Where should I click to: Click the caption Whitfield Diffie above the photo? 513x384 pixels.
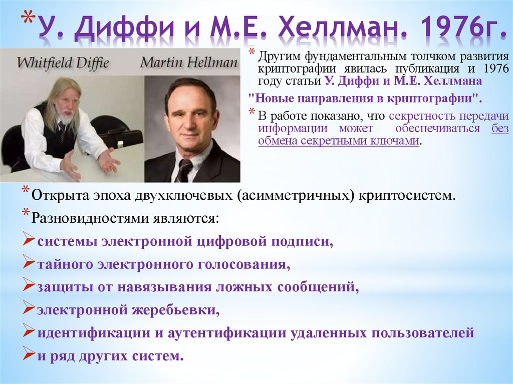(x=63, y=63)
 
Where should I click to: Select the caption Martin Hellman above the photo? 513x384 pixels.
(x=189, y=63)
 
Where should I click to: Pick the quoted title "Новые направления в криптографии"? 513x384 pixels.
(x=365, y=98)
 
